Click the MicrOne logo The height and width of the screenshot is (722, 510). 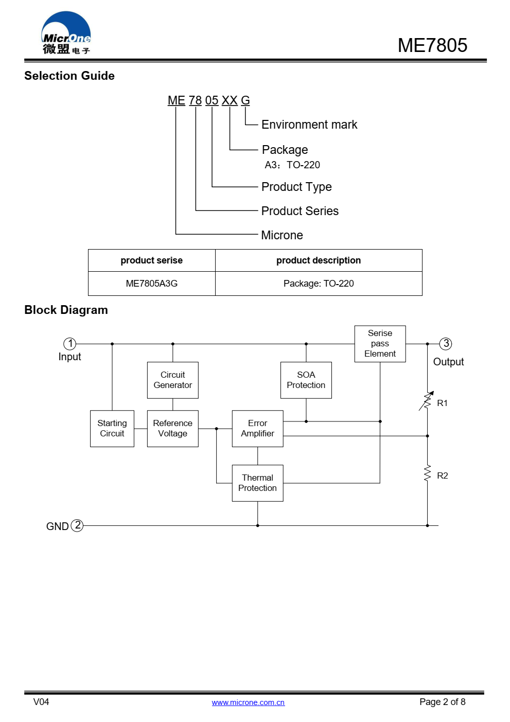click(x=66, y=33)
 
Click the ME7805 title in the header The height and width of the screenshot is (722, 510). click(x=432, y=45)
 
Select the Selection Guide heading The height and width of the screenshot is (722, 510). click(x=69, y=76)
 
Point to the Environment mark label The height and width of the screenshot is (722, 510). click(x=309, y=125)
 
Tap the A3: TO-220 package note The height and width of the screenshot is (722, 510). click(x=292, y=165)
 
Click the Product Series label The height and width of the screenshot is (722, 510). click(x=300, y=211)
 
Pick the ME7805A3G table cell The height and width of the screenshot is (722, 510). click(x=152, y=284)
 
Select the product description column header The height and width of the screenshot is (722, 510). click(x=319, y=260)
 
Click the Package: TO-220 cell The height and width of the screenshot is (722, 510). click(x=319, y=284)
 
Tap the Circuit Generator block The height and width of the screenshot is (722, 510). click(x=173, y=380)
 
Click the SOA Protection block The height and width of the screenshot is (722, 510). click(x=306, y=380)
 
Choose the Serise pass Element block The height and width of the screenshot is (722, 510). click(x=380, y=344)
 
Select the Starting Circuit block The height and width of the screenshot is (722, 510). click(x=112, y=429)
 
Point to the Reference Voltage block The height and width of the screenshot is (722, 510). click(x=173, y=429)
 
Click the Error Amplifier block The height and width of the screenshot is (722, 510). click(x=258, y=429)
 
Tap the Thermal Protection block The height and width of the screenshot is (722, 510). click(x=258, y=483)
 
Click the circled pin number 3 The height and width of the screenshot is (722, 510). click(x=446, y=344)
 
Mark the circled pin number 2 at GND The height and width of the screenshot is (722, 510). click(x=77, y=525)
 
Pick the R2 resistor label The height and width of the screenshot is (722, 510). click(x=443, y=476)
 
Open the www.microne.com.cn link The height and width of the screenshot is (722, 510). click(x=248, y=702)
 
